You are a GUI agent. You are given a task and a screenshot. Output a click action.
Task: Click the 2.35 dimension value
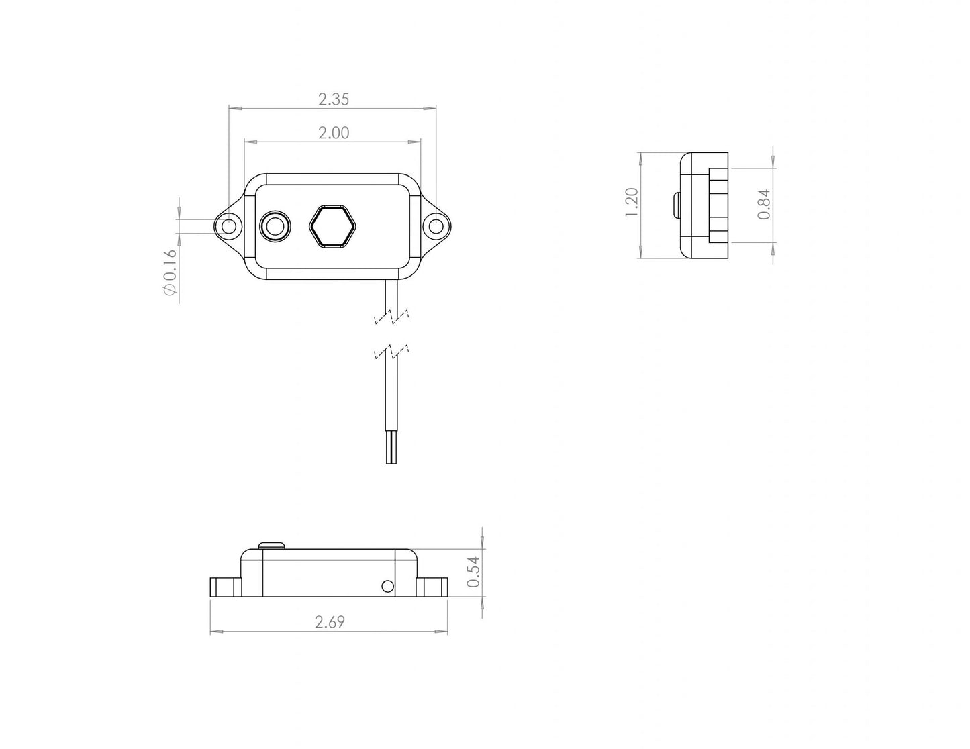tap(334, 99)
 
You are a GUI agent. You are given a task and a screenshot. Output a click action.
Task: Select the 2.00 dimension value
tap(334, 133)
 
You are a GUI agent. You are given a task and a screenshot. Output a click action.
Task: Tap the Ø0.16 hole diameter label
tap(169, 272)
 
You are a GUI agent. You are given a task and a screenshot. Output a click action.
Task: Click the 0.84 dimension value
tap(763, 205)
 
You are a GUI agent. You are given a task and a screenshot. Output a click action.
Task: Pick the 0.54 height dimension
tap(473, 572)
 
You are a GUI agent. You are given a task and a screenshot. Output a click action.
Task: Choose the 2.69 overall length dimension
tap(330, 622)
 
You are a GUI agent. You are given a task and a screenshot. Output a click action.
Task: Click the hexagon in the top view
tap(332, 226)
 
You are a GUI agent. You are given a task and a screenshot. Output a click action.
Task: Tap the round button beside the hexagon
tap(275, 226)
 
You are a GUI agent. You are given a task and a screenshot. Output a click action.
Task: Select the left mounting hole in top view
tap(229, 226)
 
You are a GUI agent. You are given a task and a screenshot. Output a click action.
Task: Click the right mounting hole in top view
tap(436, 226)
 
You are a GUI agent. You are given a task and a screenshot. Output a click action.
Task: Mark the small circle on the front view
tap(387, 587)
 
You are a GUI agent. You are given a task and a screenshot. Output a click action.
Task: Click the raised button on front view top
tap(272, 544)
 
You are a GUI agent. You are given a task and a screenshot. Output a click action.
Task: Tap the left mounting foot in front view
tap(225, 587)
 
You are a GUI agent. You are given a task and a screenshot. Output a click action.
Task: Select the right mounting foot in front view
tap(432, 587)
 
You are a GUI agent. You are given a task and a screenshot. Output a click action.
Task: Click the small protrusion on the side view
tap(676, 205)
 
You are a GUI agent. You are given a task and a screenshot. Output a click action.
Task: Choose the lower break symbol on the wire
tap(391, 351)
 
